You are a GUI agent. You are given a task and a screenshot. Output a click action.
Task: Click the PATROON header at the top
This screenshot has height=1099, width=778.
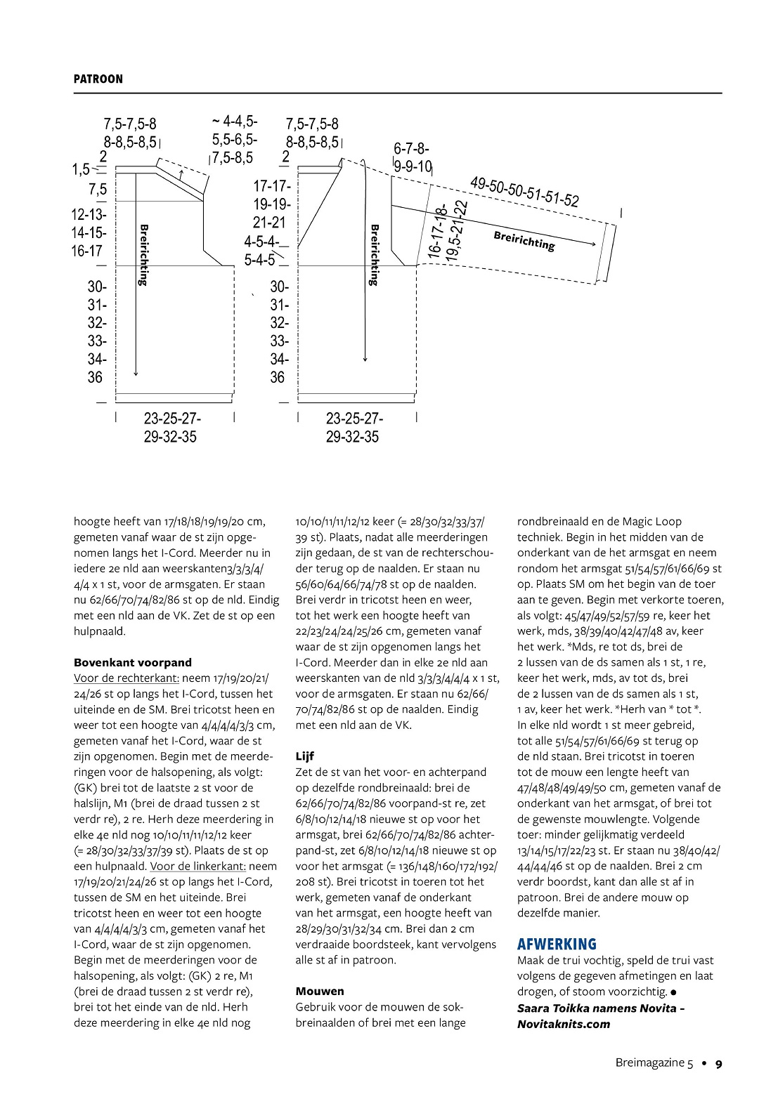click(x=98, y=79)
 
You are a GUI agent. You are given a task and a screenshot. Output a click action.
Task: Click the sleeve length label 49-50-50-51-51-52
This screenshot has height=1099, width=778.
click(x=524, y=192)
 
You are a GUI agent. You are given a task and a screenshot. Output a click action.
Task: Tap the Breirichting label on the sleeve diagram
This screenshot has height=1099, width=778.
click(x=524, y=241)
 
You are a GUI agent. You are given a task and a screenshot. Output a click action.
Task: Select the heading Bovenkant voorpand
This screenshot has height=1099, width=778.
click(x=132, y=662)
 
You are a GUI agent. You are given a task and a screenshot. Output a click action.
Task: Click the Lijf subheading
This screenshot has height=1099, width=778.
click(x=304, y=756)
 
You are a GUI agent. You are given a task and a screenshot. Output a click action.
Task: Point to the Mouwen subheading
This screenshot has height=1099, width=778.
click(x=320, y=991)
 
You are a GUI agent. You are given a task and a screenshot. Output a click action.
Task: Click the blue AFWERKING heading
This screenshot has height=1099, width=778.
click(x=557, y=944)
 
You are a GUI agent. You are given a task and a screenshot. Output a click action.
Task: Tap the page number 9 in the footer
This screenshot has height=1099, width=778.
click(x=718, y=1063)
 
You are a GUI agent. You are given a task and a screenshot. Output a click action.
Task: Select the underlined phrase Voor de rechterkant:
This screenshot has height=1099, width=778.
click(x=127, y=678)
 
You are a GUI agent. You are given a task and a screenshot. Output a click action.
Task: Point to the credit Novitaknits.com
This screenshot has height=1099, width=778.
click(x=564, y=1024)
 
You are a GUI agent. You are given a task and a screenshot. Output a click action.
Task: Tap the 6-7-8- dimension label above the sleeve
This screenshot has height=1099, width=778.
click(x=411, y=149)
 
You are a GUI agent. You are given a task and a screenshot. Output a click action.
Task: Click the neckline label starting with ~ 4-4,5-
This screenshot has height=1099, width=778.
click(x=235, y=121)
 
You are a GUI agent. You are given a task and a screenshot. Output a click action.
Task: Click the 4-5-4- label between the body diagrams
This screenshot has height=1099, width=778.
click(x=261, y=242)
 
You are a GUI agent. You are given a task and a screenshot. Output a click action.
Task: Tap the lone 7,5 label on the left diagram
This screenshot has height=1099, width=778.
click(x=98, y=190)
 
